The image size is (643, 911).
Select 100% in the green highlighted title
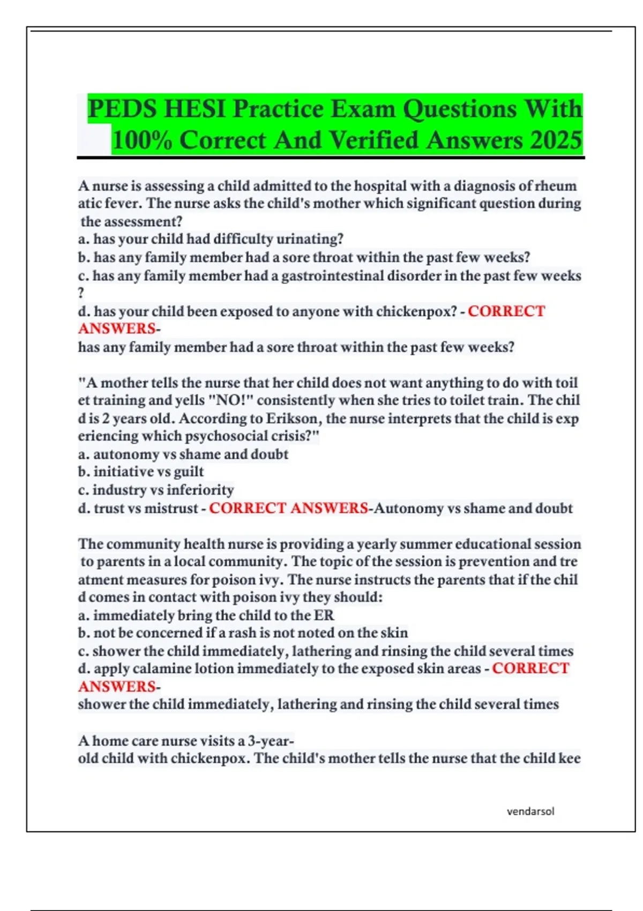pos(142,140)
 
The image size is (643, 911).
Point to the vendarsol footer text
pos(530,811)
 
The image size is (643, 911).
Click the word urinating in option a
pos(310,239)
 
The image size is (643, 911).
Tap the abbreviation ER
pos(324,615)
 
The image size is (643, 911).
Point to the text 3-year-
pos(271,741)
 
